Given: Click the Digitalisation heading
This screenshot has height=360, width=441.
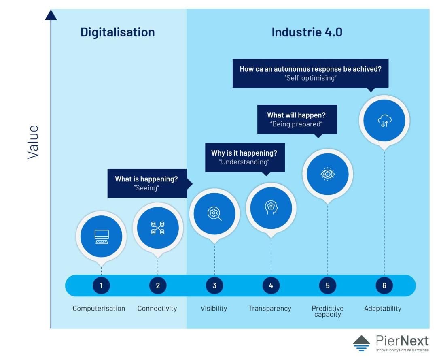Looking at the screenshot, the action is coord(118,32).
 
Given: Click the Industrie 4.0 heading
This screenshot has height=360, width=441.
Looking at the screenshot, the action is coord(307,32).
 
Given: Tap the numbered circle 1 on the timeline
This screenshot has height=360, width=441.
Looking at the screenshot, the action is coord(101,285).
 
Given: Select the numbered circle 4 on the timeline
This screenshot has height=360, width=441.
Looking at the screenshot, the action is coord(271,285).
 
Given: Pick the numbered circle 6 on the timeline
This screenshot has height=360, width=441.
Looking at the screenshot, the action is coord(384,285).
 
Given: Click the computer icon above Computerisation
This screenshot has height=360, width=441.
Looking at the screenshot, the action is coord(102,237).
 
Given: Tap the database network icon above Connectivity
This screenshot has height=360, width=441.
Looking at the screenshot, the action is coord(158,228).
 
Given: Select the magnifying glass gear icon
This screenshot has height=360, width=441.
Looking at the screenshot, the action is coord(214,214).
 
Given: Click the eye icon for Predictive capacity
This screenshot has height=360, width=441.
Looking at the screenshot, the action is coord(328,174).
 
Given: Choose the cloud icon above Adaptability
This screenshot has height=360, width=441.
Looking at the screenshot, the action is coord(384,120).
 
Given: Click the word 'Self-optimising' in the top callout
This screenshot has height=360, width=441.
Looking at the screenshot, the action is coord(310,78).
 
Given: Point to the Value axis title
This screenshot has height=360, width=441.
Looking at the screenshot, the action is coord(33,142).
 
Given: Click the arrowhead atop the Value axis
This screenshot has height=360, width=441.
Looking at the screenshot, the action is coord(51,15).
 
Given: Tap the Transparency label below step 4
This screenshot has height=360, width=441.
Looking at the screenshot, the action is coord(270,309).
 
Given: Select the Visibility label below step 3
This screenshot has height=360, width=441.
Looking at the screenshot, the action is coord(214,309).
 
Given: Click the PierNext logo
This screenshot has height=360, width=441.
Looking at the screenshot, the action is coord(391,343).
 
